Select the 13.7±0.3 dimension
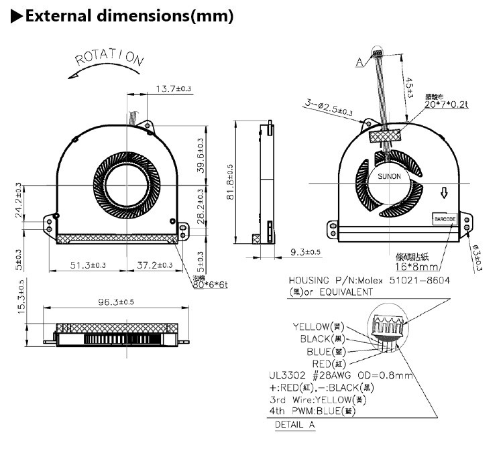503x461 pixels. (x=174, y=88)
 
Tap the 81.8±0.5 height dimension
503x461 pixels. (x=230, y=183)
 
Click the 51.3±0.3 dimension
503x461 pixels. (x=88, y=265)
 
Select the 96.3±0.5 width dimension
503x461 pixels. (x=116, y=302)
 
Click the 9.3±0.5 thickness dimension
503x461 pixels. (x=305, y=252)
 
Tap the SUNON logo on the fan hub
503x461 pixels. (x=388, y=176)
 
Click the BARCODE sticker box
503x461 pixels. (x=445, y=218)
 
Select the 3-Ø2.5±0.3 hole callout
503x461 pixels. (x=329, y=108)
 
